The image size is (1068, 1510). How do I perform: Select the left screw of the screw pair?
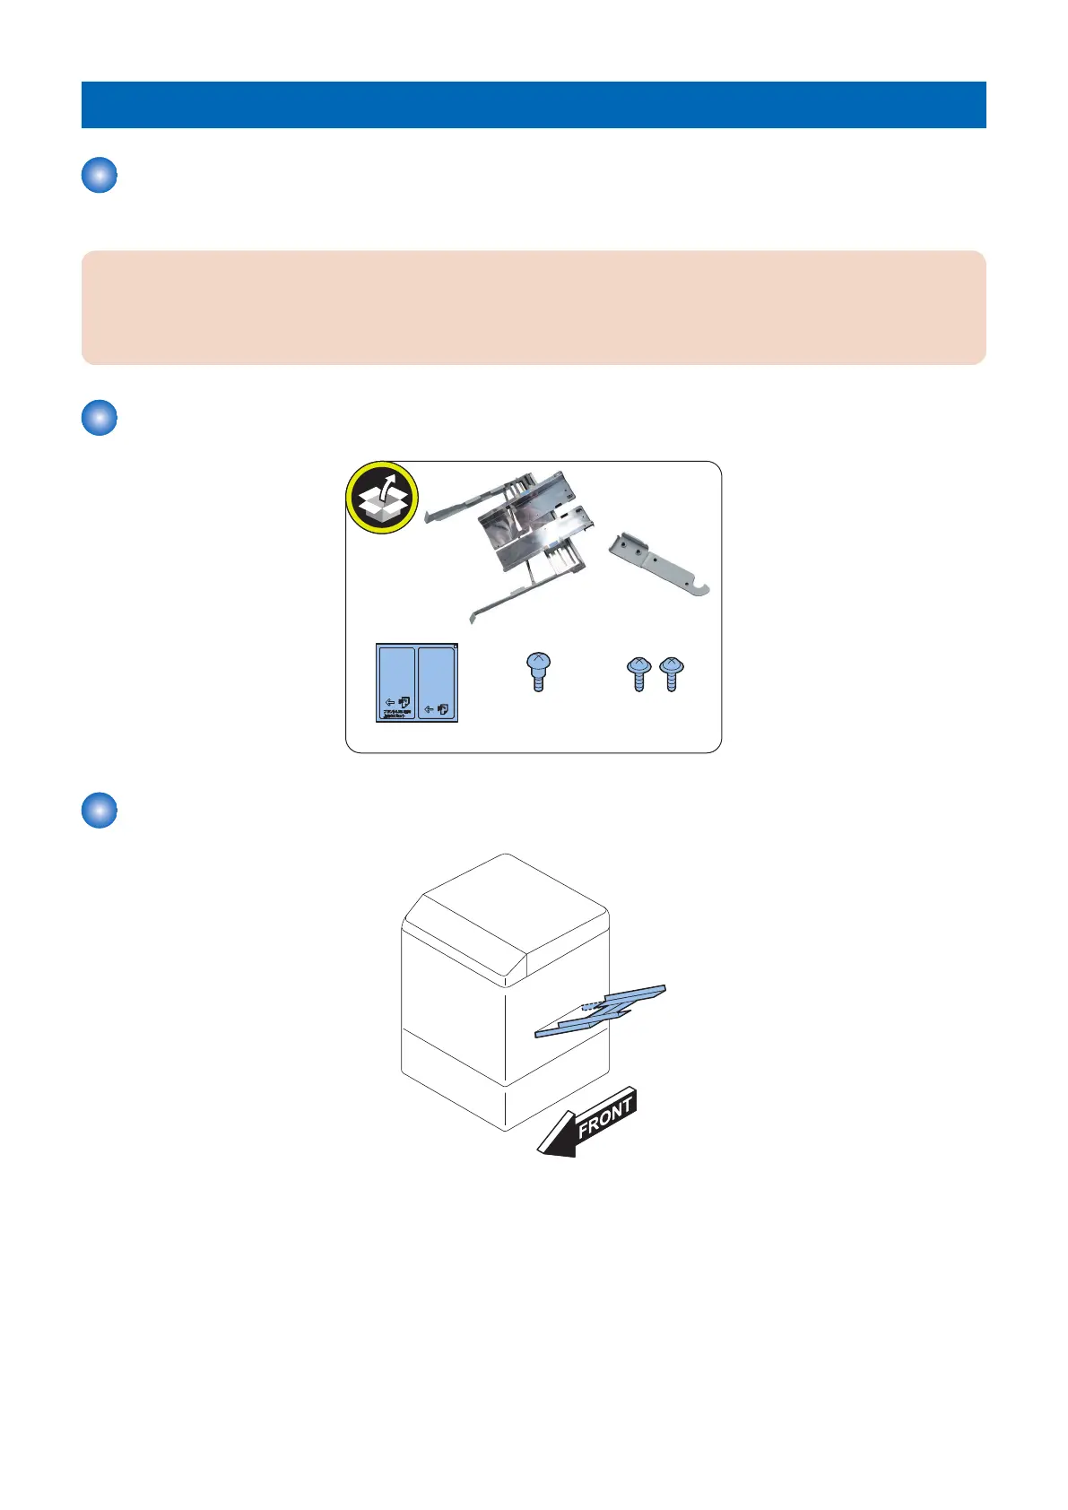pos(638,673)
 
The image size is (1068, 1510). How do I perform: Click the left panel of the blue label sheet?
pos(395,681)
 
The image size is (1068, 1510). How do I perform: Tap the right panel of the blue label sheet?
pos(438,681)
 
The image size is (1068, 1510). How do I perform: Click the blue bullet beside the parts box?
pos(100,418)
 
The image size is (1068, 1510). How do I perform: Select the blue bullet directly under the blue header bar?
pos(100,175)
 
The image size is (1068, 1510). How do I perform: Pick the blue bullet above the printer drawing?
pos(100,811)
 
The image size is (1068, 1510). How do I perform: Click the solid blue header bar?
pos(534,105)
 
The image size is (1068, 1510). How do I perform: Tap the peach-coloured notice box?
pos(534,308)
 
